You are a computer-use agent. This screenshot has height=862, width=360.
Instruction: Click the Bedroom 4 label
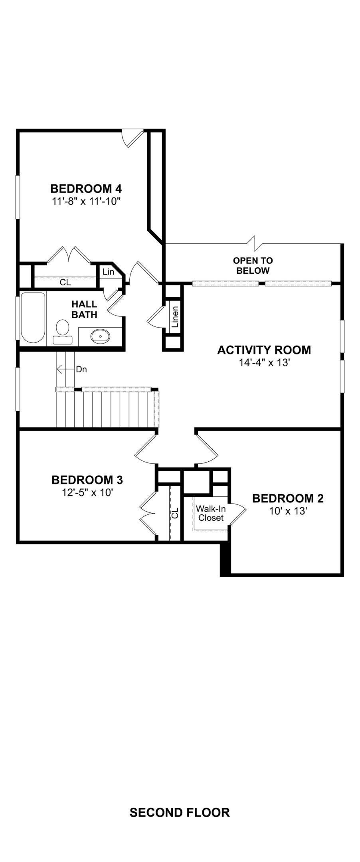tap(86, 188)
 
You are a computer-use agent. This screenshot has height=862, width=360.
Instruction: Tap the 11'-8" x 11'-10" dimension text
tap(86, 202)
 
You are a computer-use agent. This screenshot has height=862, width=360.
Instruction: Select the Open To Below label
tap(253, 266)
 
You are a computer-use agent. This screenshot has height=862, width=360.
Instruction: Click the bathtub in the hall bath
tap(33, 318)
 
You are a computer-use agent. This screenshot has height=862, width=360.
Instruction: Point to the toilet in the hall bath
tap(63, 332)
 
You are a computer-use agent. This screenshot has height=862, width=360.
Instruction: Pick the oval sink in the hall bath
tap(100, 336)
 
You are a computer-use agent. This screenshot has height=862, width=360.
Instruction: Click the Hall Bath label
tap(84, 310)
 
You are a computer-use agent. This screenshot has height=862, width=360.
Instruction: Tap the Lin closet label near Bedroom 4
tap(108, 272)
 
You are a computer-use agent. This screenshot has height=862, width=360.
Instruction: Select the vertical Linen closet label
tap(175, 317)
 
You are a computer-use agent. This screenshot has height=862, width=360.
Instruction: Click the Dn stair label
tap(81, 369)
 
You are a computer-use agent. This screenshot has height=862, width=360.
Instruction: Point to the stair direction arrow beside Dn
tap(66, 369)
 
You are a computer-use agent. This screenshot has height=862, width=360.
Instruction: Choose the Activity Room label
tap(264, 350)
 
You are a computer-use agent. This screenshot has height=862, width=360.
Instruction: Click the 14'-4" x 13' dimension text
tap(264, 363)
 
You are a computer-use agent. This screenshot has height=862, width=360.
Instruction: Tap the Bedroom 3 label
tap(87, 480)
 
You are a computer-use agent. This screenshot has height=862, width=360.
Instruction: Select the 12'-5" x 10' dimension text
tap(87, 492)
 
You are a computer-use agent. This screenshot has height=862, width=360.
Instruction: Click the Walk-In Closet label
tap(211, 513)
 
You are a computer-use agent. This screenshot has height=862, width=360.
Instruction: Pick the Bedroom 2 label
tap(288, 498)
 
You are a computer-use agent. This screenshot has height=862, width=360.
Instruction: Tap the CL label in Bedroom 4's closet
tap(65, 283)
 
